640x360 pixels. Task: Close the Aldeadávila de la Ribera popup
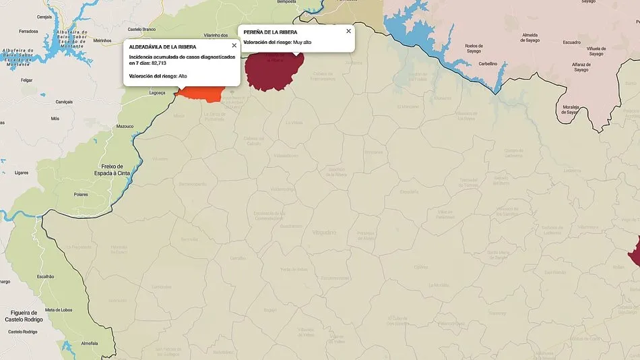click(x=234, y=46)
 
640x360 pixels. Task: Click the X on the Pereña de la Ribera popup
click(x=348, y=31)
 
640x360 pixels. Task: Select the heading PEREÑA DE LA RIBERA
click(x=270, y=32)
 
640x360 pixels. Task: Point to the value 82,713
click(x=159, y=63)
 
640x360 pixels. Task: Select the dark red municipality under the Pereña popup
click(x=273, y=71)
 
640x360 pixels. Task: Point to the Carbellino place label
click(x=488, y=63)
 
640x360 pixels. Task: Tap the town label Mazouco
click(x=125, y=126)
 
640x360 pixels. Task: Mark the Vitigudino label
click(x=324, y=232)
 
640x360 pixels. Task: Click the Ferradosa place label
click(x=29, y=32)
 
